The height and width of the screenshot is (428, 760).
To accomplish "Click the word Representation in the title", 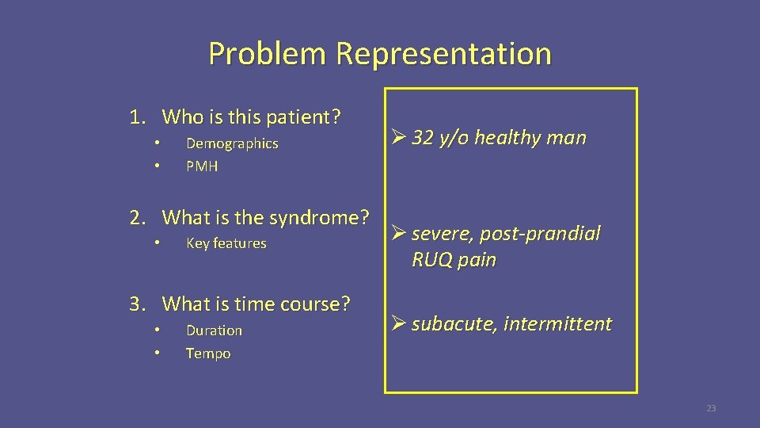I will [443, 54].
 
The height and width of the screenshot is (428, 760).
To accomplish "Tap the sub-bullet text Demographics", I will [232, 143].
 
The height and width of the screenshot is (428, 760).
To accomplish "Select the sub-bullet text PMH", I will [202, 166].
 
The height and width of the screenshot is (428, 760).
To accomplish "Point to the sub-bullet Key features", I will [226, 243].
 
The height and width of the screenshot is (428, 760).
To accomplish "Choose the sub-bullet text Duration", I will [214, 331].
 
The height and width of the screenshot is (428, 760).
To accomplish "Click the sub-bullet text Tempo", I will [208, 353].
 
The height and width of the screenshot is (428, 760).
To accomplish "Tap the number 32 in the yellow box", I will [424, 138].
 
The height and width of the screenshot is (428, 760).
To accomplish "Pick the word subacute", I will [451, 324].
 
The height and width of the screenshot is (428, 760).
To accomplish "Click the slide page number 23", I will [710, 408].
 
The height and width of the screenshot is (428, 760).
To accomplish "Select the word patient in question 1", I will [302, 117].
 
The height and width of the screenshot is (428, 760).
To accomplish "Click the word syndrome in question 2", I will [320, 217].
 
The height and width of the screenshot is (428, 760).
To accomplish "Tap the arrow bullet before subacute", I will [398, 323].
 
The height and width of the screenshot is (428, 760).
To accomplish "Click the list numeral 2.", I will [137, 217].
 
